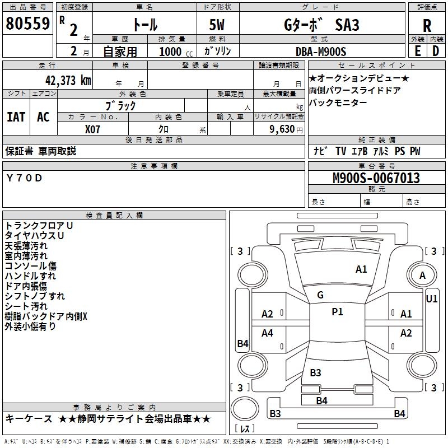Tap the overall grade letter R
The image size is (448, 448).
427,26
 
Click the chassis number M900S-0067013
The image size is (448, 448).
376,178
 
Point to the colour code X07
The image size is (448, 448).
93,129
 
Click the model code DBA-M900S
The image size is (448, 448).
321,52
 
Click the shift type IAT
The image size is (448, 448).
16,117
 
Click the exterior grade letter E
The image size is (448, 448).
417,50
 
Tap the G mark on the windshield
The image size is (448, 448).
320,295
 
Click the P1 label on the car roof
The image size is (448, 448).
337,312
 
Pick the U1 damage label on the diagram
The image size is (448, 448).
432,299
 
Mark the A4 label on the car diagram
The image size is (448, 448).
267,333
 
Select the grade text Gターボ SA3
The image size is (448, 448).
321,25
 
